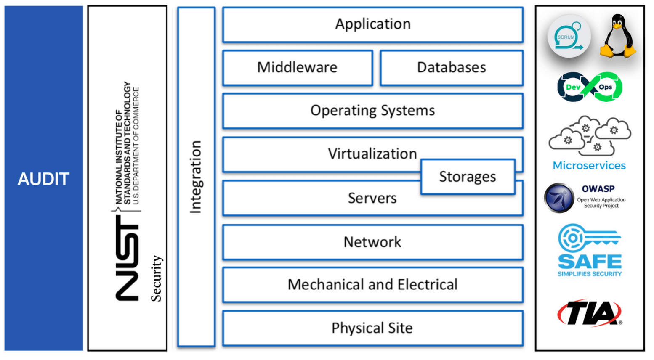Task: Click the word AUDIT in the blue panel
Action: (x=43, y=179)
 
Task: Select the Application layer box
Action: (x=372, y=24)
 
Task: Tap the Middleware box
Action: (x=297, y=68)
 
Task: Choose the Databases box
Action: (x=451, y=68)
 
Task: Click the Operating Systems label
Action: (x=372, y=111)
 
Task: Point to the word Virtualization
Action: (x=372, y=154)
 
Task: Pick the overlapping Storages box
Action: (x=467, y=177)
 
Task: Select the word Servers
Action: (x=372, y=198)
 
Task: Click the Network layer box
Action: (x=372, y=242)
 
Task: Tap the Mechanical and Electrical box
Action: (x=372, y=285)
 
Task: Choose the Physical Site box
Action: (x=372, y=328)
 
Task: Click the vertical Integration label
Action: (x=196, y=177)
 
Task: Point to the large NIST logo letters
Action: (x=127, y=258)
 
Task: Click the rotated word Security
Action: (x=156, y=278)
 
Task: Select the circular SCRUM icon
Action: (x=568, y=37)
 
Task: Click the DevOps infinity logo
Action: (x=589, y=87)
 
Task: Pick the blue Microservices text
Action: (x=589, y=166)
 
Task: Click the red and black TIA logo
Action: (x=589, y=313)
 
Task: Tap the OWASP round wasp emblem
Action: (x=559, y=198)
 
